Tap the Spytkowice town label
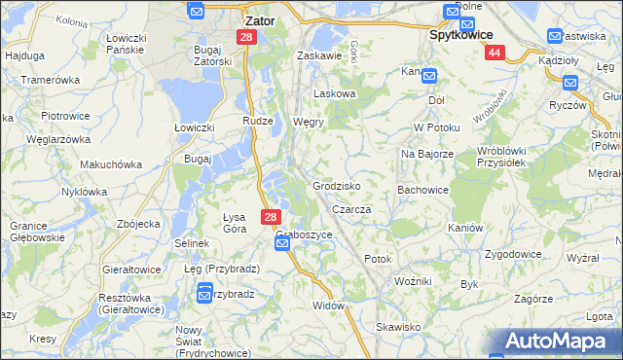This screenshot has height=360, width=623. point(466,32)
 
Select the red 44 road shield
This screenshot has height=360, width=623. point(495,53)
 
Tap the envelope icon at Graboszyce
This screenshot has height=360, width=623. point(282,244)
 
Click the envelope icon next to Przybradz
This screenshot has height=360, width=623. point(205,291)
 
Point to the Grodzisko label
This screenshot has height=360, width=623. point(338,185)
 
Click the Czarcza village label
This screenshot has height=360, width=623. point(351,209)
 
